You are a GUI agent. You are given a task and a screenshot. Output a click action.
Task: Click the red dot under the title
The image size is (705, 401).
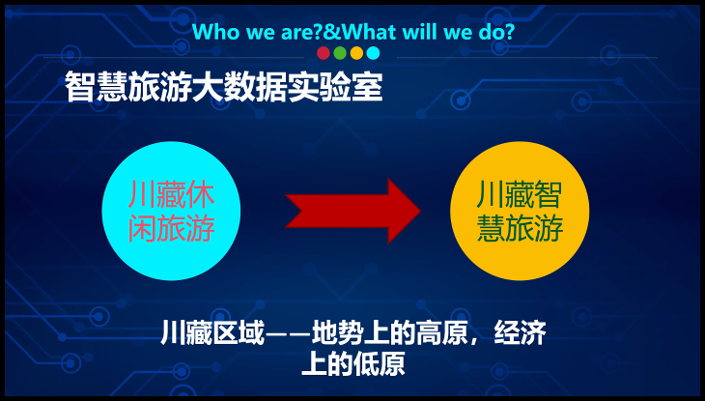324,53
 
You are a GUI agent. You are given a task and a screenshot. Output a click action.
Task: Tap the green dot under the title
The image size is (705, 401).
340,53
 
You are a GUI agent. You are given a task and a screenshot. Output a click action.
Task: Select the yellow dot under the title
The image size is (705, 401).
356,53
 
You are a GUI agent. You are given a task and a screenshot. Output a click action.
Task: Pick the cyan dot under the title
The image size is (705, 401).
373,53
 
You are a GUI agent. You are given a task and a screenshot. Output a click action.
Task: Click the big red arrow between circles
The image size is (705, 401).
352,211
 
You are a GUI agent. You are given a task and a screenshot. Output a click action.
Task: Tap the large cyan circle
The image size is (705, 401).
171,211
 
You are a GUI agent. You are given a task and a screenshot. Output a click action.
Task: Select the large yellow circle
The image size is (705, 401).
520,211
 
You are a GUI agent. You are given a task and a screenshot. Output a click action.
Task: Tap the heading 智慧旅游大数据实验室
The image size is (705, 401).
224,86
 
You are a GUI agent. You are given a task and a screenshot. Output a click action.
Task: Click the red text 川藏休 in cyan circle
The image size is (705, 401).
171,194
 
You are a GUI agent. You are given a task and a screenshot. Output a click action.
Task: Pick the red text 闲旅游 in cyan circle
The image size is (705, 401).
171,228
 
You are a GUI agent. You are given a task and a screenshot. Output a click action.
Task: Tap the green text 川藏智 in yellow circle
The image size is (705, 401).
520,194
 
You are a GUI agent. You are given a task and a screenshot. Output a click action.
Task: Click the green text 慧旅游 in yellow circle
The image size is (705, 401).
520,228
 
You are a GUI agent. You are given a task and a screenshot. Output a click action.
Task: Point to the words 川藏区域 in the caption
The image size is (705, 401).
212,332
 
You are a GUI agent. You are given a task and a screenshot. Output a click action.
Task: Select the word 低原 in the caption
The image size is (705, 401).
379,363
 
